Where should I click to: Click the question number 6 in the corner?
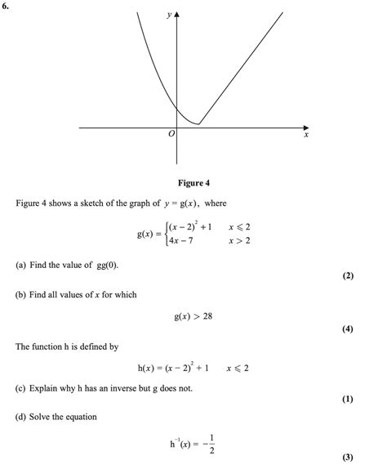coord(7,7)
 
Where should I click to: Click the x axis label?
coord(307,136)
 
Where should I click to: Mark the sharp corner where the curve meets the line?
coord(198,124)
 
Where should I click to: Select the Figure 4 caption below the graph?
coord(193,182)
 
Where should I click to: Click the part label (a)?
coord(20,266)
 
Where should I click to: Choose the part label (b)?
coord(20,294)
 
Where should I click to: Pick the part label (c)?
coord(20,388)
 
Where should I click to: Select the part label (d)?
coord(20,417)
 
